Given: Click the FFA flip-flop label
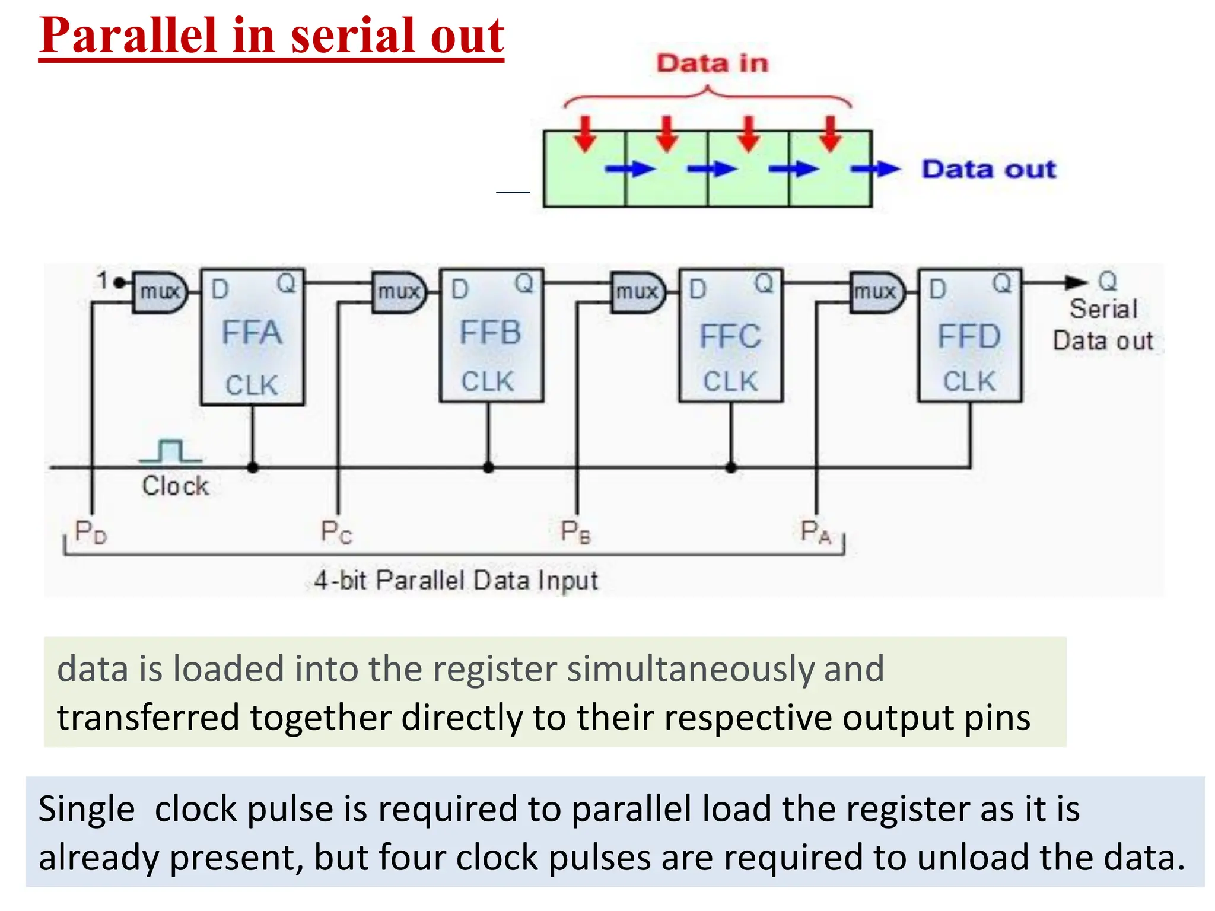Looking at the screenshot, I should point(252,333).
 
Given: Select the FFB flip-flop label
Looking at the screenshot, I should point(490,333).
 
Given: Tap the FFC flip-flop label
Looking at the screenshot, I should point(730,336).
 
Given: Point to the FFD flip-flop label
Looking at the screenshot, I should point(969,336).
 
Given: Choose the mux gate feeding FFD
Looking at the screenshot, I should point(876,292).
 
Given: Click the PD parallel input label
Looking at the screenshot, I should point(90,531).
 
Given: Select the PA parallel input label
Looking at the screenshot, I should point(816,531).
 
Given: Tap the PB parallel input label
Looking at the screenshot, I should point(575,531).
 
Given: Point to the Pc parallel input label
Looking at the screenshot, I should point(336,531).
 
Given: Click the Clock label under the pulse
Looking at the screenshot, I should point(175,486).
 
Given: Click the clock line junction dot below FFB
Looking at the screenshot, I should point(488,467).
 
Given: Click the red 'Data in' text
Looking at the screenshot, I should point(712,63).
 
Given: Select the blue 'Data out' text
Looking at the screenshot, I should point(988,169).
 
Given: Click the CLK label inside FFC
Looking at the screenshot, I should point(730,381).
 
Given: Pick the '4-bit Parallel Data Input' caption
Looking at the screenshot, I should point(456,580).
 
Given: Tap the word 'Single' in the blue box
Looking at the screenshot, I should point(87,809).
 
